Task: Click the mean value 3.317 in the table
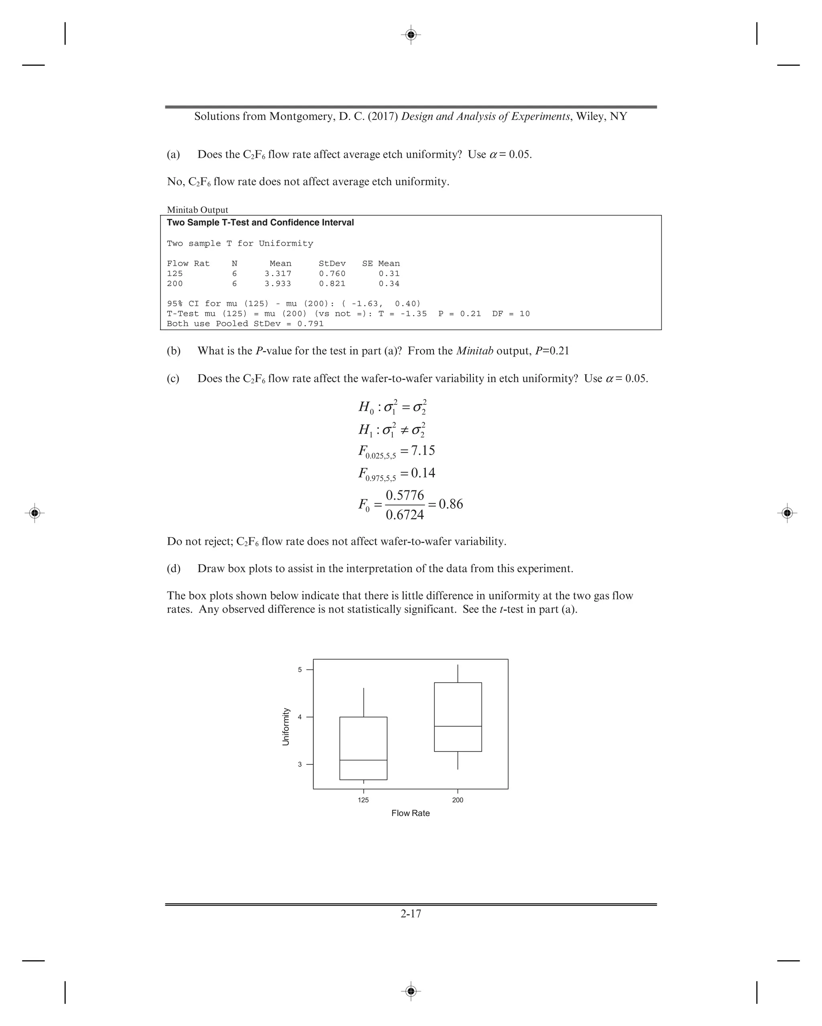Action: [x=278, y=273]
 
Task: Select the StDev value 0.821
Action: [x=332, y=284]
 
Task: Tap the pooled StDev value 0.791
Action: [x=310, y=324]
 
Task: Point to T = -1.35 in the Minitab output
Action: [x=403, y=314]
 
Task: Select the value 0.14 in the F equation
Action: [x=423, y=473]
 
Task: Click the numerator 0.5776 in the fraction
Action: [x=405, y=496]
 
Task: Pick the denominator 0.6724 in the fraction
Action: [x=405, y=515]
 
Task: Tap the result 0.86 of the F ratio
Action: [x=450, y=504]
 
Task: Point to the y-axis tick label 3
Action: [x=300, y=765]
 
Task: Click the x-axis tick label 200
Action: [x=458, y=800]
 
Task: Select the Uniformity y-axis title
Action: [x=286, y=727]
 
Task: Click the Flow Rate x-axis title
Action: [x=411, y=813]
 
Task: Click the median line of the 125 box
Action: [x=363, y=761]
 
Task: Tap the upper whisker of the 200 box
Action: [x=458, y=674]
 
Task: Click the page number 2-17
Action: [x=411, y=914]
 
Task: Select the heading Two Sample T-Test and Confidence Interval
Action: [x=260, y=223]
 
